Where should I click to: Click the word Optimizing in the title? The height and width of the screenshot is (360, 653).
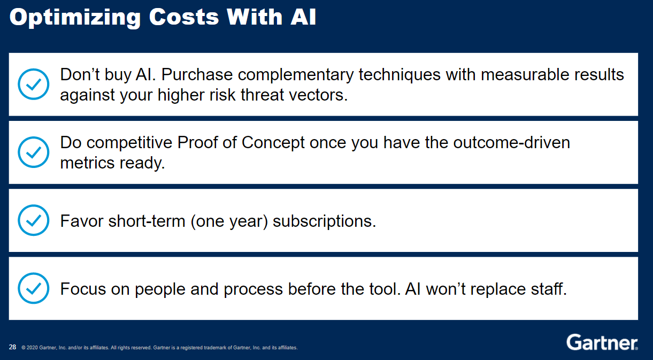75,18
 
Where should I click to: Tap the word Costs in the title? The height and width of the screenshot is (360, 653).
183,17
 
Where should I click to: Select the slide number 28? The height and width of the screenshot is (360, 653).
12,347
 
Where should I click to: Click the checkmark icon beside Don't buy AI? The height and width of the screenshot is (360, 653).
34,84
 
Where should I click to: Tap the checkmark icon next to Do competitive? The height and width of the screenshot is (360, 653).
34,152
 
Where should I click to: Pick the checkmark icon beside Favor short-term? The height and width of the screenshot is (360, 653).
34,220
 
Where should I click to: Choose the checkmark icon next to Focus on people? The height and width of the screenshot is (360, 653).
34,288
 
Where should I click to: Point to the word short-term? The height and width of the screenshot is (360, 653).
147,221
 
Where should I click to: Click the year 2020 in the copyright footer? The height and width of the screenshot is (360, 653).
33,348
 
